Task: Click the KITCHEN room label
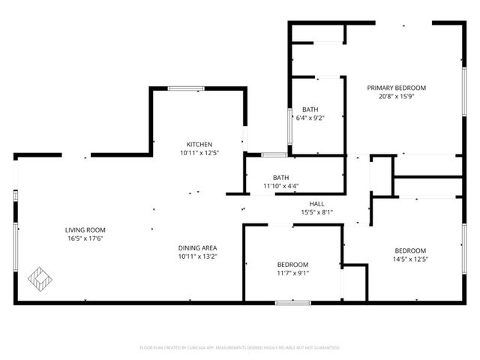pos(199,144)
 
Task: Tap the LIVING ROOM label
pos(85,229)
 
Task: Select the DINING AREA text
pos(198,247)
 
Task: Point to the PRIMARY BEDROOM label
pos(396,88)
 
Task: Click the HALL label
pos(316,203)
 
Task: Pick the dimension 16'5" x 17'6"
pos(85,238)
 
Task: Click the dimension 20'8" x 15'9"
pos(396,96)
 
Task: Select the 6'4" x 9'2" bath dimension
pos(310,118)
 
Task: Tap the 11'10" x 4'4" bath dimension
pos(280,185)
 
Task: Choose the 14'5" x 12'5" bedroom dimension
pos(409,259)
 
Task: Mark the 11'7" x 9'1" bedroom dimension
pos(292,273)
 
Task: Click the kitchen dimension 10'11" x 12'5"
pos(199,153)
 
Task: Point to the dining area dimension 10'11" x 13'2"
pos(198,256)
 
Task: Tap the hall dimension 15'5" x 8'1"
pos(316,212)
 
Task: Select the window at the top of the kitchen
pos(186,88)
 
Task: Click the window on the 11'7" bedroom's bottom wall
pos(292,302)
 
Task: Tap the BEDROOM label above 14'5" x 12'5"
pos(409,250)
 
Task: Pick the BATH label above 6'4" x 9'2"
pos(310,109)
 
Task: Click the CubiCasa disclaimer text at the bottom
pos(240,347)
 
